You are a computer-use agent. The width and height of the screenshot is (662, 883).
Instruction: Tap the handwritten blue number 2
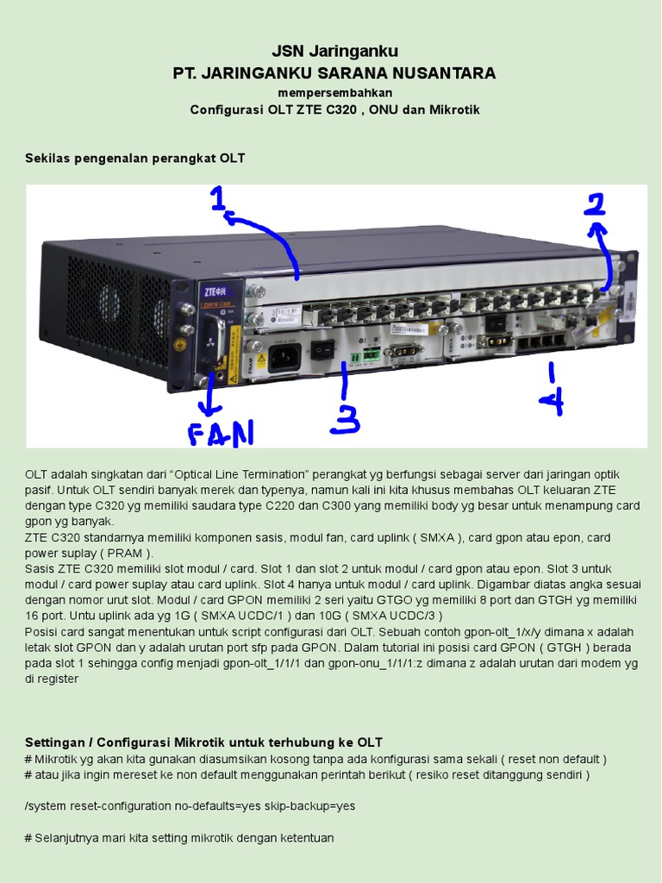(x=594, y=204)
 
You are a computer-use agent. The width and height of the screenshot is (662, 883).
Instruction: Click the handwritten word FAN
(x=221, y=432)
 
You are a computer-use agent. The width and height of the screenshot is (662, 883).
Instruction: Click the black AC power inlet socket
(x=284, y=354)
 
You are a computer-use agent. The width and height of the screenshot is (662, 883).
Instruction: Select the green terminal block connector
(x=372, y=354)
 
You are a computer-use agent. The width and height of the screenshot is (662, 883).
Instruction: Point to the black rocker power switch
(x=322, y=349)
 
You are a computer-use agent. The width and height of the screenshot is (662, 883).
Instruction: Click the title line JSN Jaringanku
(x=334, y=52)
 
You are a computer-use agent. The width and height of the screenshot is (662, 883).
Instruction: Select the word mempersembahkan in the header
(x=334, y=92)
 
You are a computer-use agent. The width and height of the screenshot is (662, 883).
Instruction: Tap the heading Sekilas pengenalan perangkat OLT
(x=135, y=159)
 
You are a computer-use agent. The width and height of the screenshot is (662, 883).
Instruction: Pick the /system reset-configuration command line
(x=190, y=806)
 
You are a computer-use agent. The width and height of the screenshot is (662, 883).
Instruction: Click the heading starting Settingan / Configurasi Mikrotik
(x=203, y=742)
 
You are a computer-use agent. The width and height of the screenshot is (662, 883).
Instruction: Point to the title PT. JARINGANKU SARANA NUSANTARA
(x=334, y=73)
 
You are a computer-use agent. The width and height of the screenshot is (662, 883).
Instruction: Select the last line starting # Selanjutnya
(x=179, y=838)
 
